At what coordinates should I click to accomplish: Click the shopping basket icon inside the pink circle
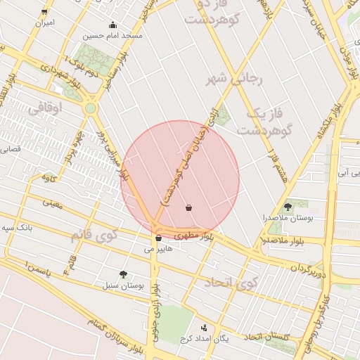click(x=188, y=208)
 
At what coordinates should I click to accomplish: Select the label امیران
click(x=44, y=22)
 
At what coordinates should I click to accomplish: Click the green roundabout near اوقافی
click(x=90, y=108)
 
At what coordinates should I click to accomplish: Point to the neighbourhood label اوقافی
click(x=47, y=108)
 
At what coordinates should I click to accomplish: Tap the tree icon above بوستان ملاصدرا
click(x=288, y=207)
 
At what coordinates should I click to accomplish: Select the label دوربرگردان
click(x=309, y=268)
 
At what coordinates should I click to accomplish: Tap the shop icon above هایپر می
click(x=158, y=238)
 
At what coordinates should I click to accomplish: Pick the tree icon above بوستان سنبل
click(x=124, y=275)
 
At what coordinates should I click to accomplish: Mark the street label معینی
click(x=52, y=203)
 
